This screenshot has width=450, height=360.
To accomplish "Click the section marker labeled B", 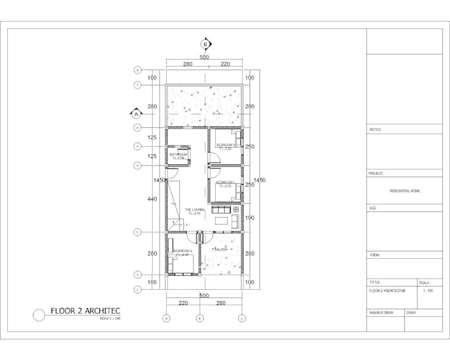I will pyautogui.click(x=206, y=45).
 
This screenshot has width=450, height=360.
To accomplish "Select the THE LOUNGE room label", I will pyautogui.click(x=194, y=211).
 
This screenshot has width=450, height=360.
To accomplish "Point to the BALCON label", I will pyautogui.click(x=220, y=249).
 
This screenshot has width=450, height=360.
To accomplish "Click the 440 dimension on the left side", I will pyautogui.click(x=152, y=199).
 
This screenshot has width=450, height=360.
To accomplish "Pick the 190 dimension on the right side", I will pyautogui.click(x=249, y=217).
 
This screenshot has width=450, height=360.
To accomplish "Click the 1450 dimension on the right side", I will pyautogui.click(x=259, y=180).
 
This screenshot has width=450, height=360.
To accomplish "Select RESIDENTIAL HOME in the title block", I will pyautogui.click(x=404, y=191).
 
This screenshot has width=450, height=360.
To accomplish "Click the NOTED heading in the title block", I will pyautogui.click(x=375, y=130).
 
